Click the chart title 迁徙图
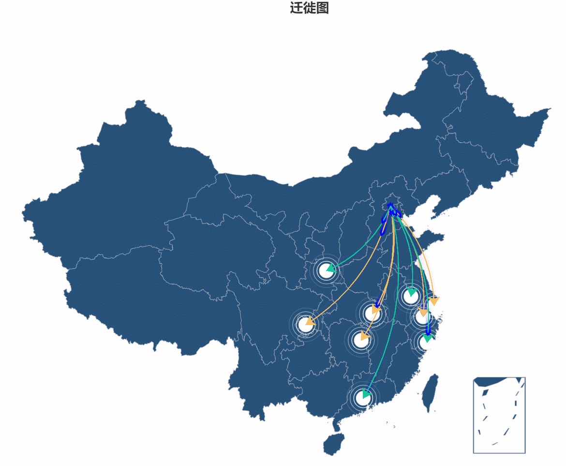click(x=309, y=8)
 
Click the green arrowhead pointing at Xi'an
click(x=330, y=268)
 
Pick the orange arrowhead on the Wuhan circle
click(x=375, y=310)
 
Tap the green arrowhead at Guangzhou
click(x=366, y=394)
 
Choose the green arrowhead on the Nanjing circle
click(x=412, y=292)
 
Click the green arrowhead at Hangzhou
click(x=427, y=338)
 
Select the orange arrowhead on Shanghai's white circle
click(x=423, y=312)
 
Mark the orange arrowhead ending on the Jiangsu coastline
click(x=434, y=301)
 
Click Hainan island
click(x=334, y=444)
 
